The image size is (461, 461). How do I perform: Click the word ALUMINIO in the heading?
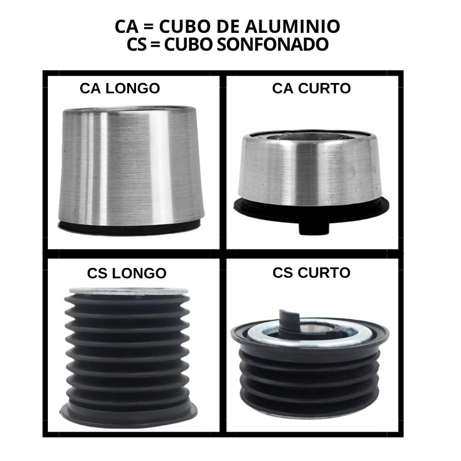(x=292, y=26)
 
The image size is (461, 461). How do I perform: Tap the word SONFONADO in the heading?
(x=273, y=44)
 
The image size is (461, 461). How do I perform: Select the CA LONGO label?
(x=120, y=88)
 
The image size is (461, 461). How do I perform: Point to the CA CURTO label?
(x=311, y=88)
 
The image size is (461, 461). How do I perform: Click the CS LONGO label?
(x=127, y=273)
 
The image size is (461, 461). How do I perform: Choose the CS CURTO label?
(x=311, y=273)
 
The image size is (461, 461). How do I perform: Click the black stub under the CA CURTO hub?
(x=313, y=228)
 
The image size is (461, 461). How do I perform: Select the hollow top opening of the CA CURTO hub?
(x=309, y=138)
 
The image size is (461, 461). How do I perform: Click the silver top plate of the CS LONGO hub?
(x=129, y=291)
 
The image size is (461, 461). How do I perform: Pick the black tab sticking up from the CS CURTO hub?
(x=289, y=320)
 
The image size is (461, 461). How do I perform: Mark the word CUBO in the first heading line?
(x=185, y=26)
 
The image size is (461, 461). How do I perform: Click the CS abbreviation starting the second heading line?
(x=137, y=44)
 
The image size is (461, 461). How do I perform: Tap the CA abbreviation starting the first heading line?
(x=126, y=26)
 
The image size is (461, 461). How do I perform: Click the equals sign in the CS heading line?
(x=155, y=44)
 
